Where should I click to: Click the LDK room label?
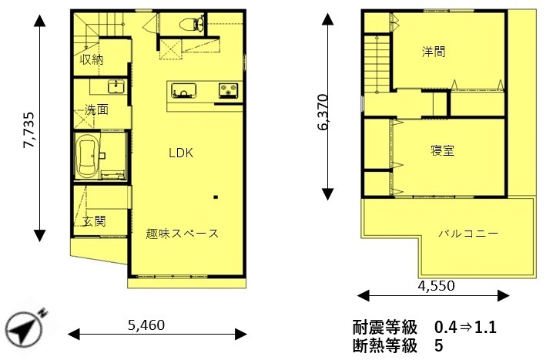pos(181,153)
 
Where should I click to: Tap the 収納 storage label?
pos(92,59)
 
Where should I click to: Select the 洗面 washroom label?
pos(96,109)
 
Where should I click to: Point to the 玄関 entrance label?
pos(94,221)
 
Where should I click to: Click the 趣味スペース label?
pos(183,234)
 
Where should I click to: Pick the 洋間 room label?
pos(434,52)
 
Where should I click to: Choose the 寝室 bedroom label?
pos(442,150)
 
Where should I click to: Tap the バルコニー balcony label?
pos(468,234)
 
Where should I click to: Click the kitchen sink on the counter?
pos(183,91)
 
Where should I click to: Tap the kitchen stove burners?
pos(228,90)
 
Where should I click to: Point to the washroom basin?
pos(116,86)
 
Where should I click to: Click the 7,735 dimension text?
pos(29,130)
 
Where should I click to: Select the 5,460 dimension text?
pos(146,325)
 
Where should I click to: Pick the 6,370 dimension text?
pos(323,112)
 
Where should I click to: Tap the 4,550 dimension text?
pos(436,285)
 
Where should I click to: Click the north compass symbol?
pos(25,328)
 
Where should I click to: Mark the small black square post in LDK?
pos(216,197)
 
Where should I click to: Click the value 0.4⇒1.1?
pos(465,327)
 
